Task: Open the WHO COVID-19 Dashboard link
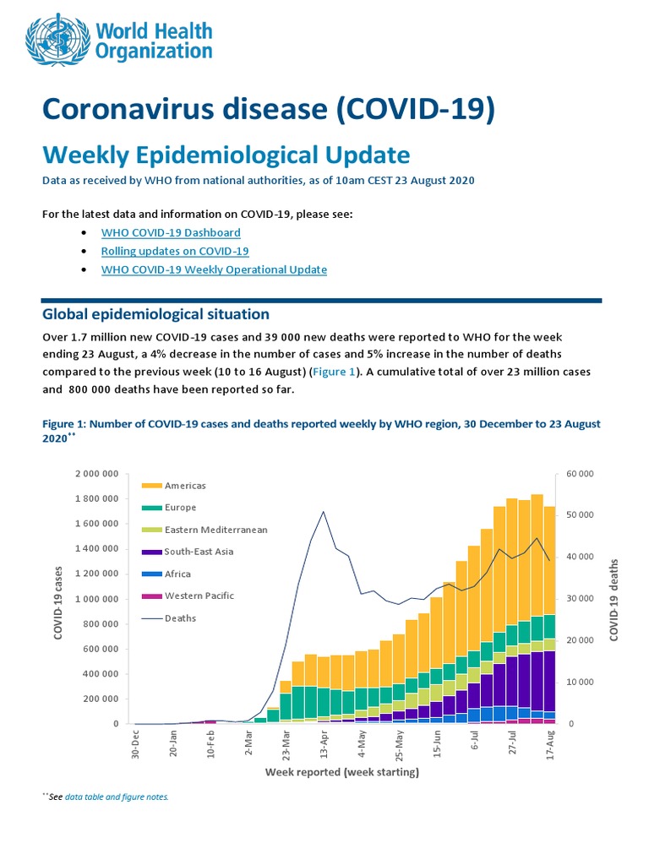(171, 232)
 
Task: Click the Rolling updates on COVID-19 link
(175, 251)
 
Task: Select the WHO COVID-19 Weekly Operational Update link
(214, 269)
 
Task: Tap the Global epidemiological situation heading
(155, 314)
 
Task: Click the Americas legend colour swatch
(151, 486)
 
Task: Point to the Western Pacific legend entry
(199, 596)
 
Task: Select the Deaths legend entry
(180, 617)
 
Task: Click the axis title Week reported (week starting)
(342, 771)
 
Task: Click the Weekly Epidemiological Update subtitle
(226, 155)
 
